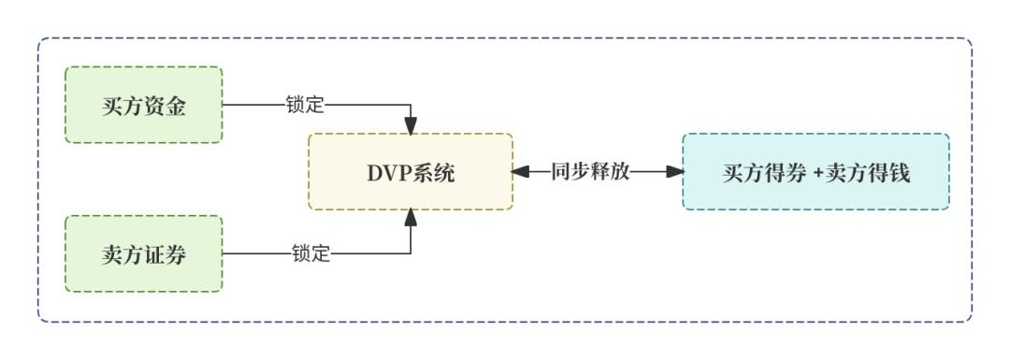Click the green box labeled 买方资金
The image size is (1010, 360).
pos(144,105)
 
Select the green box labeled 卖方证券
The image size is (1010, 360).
pos(144,253)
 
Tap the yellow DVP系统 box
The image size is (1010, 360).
pos(411,172)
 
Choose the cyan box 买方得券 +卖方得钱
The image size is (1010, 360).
pos(815,172)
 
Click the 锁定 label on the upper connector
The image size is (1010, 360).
pos(306,105)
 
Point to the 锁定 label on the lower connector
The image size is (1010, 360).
pos(310,253)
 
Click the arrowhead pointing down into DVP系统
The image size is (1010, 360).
pos(411,125)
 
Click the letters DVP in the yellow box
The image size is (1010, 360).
pos(388,173)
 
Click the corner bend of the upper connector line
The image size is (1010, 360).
pos(411,105)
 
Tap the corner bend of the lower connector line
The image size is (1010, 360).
pos(411,253)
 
